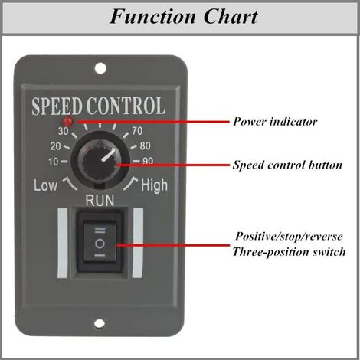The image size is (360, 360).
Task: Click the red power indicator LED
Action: [x=69, y=121]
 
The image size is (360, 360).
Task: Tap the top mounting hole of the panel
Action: [x=100, y=68]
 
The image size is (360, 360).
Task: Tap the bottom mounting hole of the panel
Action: [x=100, y=324]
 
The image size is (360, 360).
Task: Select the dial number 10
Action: [x=54, y=162]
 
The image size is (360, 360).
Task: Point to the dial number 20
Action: [x=55, y=146]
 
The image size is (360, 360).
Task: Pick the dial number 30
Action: [x=63, y=131]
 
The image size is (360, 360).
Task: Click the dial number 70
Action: [x=137, y=131]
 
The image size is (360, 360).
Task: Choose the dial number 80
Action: [x=145, y=146]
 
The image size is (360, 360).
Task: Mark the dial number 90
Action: [x=148, y=161]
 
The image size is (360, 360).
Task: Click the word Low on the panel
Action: [x=45, y=185]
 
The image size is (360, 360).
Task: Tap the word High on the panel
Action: [x=154, y=185]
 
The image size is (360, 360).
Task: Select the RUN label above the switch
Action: [x=100, y=201]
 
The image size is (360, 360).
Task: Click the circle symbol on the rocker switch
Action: [x=100, y=244]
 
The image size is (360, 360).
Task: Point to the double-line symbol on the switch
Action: [x=100, y=231]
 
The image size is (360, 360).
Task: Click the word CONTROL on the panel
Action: [x=126, y=106]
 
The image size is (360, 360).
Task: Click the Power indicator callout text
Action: [x=275, y=122]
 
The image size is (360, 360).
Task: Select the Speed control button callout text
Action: [x=287, y=165]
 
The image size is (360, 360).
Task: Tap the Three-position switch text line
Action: [x=289, y=252]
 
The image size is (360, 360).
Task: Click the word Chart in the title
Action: [x=231, y=16]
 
